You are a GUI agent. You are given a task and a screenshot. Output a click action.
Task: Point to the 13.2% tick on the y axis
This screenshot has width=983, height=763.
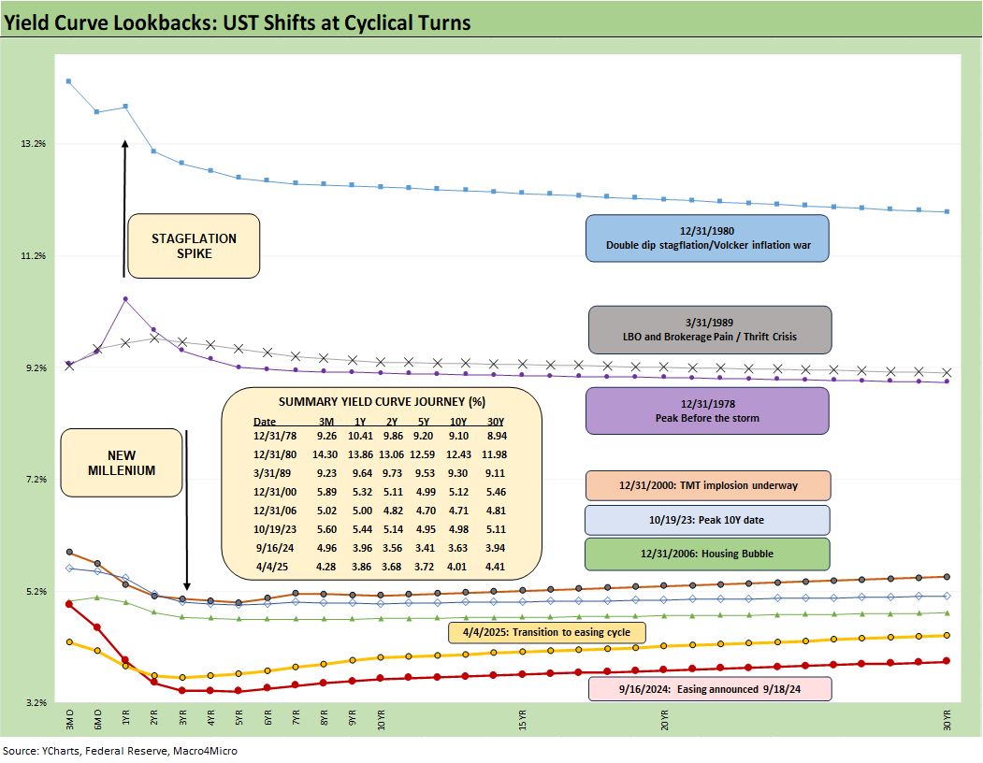[x=34, y=144]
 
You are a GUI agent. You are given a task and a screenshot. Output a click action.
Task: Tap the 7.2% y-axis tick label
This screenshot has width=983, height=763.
[x=34, y=480]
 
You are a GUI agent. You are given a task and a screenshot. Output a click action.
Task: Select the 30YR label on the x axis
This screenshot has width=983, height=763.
[x=947, y=721]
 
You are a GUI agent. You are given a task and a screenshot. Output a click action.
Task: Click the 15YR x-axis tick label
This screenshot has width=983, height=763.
[x=522, y=721]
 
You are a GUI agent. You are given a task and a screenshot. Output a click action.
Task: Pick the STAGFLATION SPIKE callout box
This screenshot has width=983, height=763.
[x=195, y=246]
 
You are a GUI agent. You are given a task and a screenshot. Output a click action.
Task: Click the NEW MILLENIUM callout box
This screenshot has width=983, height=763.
[x=122, y=463]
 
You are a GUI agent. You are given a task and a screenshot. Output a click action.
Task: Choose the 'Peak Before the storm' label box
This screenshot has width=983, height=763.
[x=708, y=410]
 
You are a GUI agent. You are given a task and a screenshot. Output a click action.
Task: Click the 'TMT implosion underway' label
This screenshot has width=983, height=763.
[x=707, y=486]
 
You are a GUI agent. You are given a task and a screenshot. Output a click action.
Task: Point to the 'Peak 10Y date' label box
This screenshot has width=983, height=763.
[x=707, y=520]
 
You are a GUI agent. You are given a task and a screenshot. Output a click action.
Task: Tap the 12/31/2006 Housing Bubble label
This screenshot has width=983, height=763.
[x=707, y=554]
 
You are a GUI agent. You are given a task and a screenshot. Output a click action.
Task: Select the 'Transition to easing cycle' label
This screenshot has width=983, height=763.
[x=547, y=632]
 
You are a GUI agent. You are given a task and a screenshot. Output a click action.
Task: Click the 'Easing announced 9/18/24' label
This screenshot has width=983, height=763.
[x=709, y=689]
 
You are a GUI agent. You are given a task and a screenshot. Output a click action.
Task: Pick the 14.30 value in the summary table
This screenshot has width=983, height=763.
[x=327, y=453]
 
